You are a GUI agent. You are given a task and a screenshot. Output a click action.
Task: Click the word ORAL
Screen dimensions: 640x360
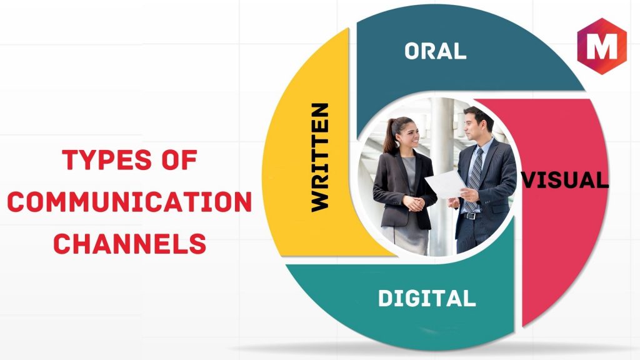point(435,51)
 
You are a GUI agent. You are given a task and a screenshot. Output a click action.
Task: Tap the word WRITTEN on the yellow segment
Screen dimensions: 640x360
point(320,157)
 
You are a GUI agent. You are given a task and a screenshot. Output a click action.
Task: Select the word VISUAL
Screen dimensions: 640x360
point(565,180)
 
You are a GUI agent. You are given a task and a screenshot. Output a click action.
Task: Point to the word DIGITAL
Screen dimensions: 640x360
point(427,298)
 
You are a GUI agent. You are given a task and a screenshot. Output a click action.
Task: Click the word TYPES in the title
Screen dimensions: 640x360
point(107,159)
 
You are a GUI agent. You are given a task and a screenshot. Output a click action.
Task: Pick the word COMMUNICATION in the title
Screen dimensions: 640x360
point(129,202)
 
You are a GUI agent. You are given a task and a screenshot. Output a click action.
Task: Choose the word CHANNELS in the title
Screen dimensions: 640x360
point(130,244)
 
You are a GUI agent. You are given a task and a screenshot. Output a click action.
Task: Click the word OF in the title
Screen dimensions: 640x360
point(179,159)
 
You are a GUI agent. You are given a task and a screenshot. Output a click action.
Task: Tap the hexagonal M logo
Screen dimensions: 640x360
point(602,46)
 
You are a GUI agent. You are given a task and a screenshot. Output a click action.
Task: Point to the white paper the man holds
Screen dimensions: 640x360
point(446,184)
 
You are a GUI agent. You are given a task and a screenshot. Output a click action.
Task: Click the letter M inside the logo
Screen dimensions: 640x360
point(602,46)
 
